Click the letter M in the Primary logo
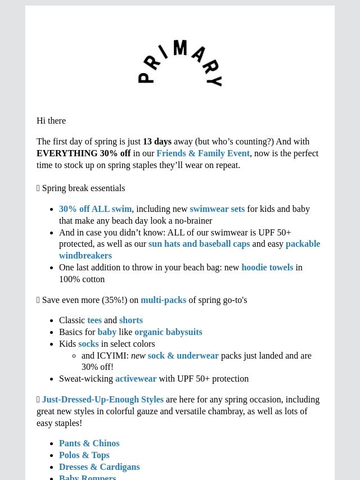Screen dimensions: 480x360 pyautogui.click(x=180, y=48)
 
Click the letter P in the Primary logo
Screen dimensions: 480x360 pyautogui.click(x=145, y=77)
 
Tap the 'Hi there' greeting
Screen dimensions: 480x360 pyautogui.click(x=51, y=121)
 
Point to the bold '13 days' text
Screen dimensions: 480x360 pyautogui.click(x=157, y=142)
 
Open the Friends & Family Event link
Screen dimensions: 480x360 pyautogui.click(x=203, y=153)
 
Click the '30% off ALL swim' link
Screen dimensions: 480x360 pyautogui.click(x=95, y=209)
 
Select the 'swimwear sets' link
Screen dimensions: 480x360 pyautogui.click(x=217, y=209)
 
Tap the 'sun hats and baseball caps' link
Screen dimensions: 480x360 pyautogui.click(x=199, y=244)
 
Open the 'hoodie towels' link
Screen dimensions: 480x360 pyautogui.click(x=267, y=268)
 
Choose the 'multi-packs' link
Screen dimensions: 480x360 pyautogui.click(x=163, y=300)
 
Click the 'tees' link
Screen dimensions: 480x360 pyautogui.click(x=94, y=320)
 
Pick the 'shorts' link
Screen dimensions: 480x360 pyautogui.click(x=131, y=320)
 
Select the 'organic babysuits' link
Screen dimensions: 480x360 pyautogui.click(x=168, y=332)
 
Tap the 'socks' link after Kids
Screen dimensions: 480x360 pyautogui.click(x=88, y=344)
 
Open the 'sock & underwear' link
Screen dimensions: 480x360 pyautogui.click(x=183, y=356)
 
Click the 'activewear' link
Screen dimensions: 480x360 pyautogui.click(x=136, y=379)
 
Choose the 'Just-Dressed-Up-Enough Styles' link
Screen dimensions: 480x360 pyautogui.click(x=102, y=400)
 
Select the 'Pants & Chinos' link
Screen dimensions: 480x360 pyautogui.click(x=89, y=443)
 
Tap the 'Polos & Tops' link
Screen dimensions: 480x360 pyautogui.click(x=84, y=455)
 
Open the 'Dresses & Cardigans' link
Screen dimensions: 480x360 pyautogui.click(x=99, y=467)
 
